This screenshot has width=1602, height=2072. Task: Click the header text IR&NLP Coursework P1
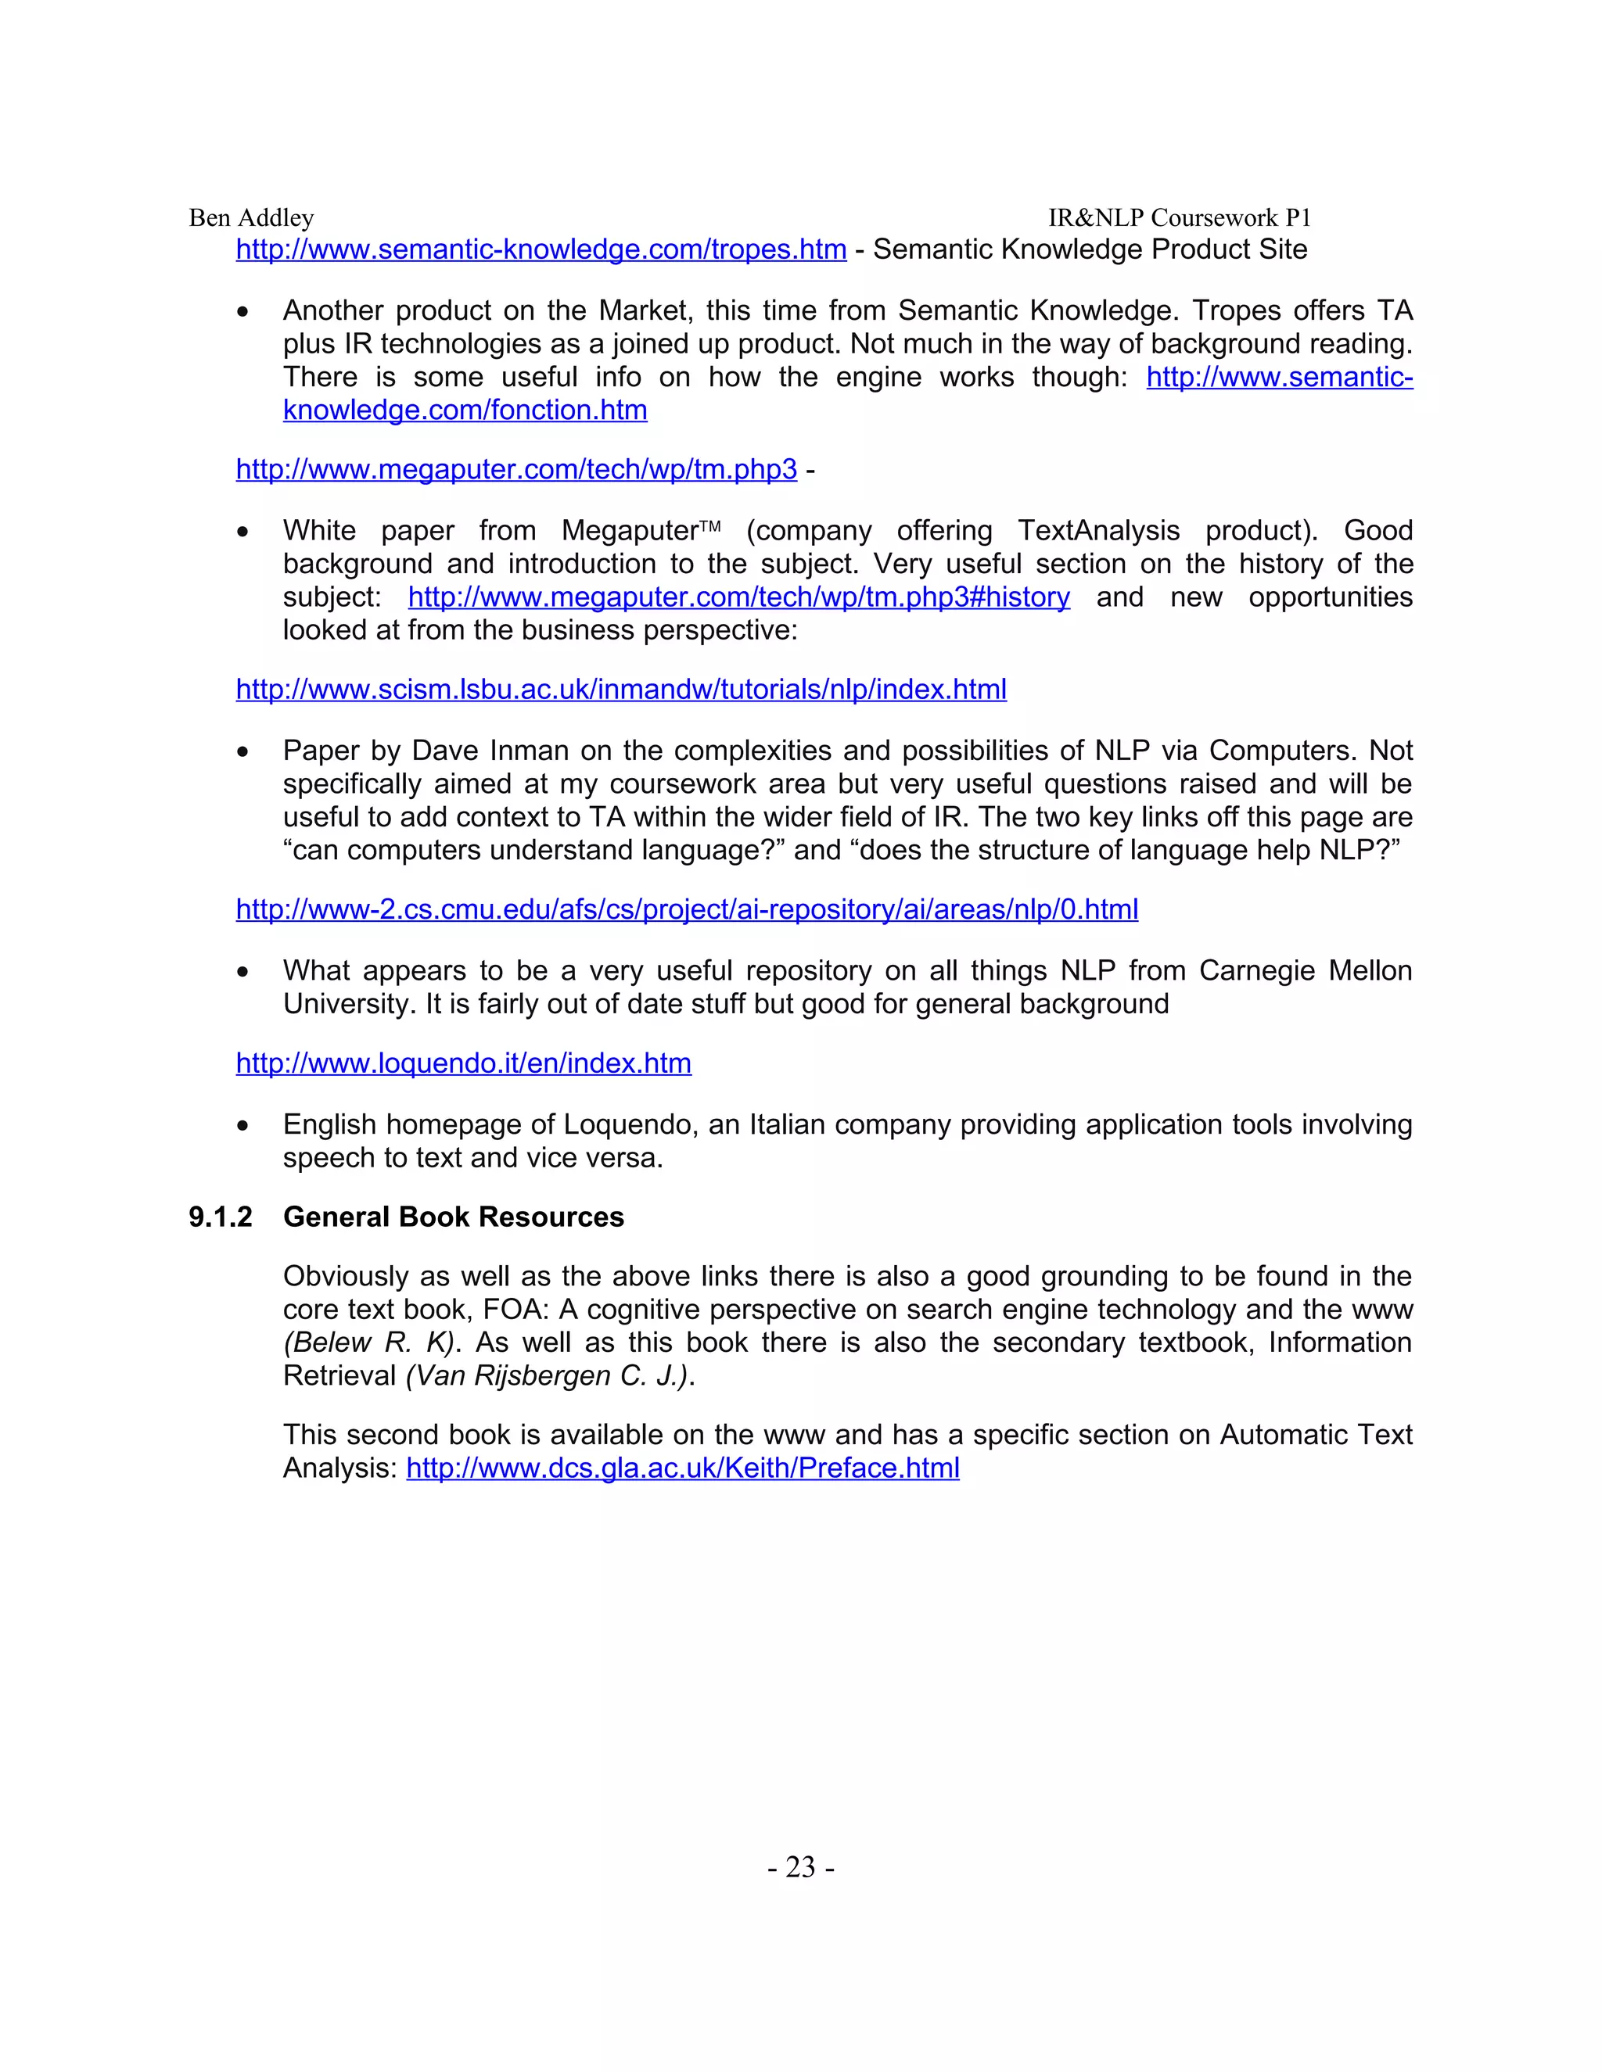click(x=1179, y=218)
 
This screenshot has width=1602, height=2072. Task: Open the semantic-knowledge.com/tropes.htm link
click(x=541, y=249)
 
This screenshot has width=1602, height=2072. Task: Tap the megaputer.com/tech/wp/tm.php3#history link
click(x=738, y=597)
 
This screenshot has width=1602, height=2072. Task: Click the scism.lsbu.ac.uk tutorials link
click(x=620, y=689)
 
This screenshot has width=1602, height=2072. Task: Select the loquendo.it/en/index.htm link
click(x=463, y=1063)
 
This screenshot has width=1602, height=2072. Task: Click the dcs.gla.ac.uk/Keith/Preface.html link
click(x=682, y=1468)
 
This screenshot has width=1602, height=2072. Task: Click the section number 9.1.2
click(x=220, y=1217)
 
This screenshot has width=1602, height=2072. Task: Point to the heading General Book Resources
click(x=453, y=1217)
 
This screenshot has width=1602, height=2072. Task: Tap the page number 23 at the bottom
click(x=800, y=1867)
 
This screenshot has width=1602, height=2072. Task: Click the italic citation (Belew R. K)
click(x=369, y=1342)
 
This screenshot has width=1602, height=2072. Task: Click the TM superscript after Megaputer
click(x=710, y=525)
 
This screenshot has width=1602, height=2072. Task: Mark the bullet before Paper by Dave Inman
click(x=244, y=752)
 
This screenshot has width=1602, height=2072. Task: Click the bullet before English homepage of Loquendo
click(x=244, y=1126)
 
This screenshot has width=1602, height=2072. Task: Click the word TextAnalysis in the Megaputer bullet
click(x=1098, y=530)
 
